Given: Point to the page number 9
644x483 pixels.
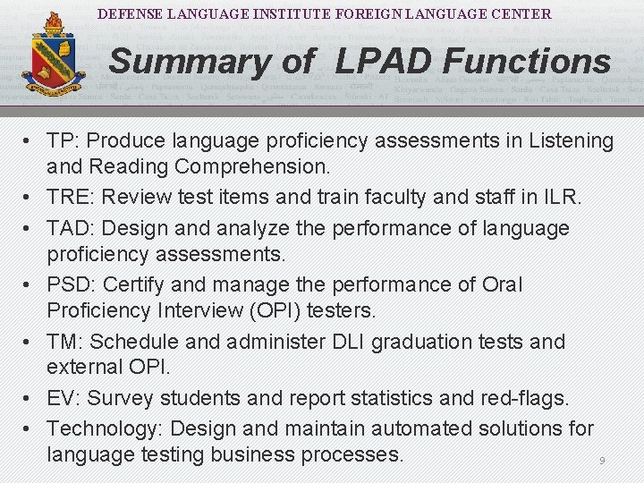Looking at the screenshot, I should (x=602, y=461).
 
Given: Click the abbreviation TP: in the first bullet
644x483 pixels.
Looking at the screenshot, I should (x=64, y=141).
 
